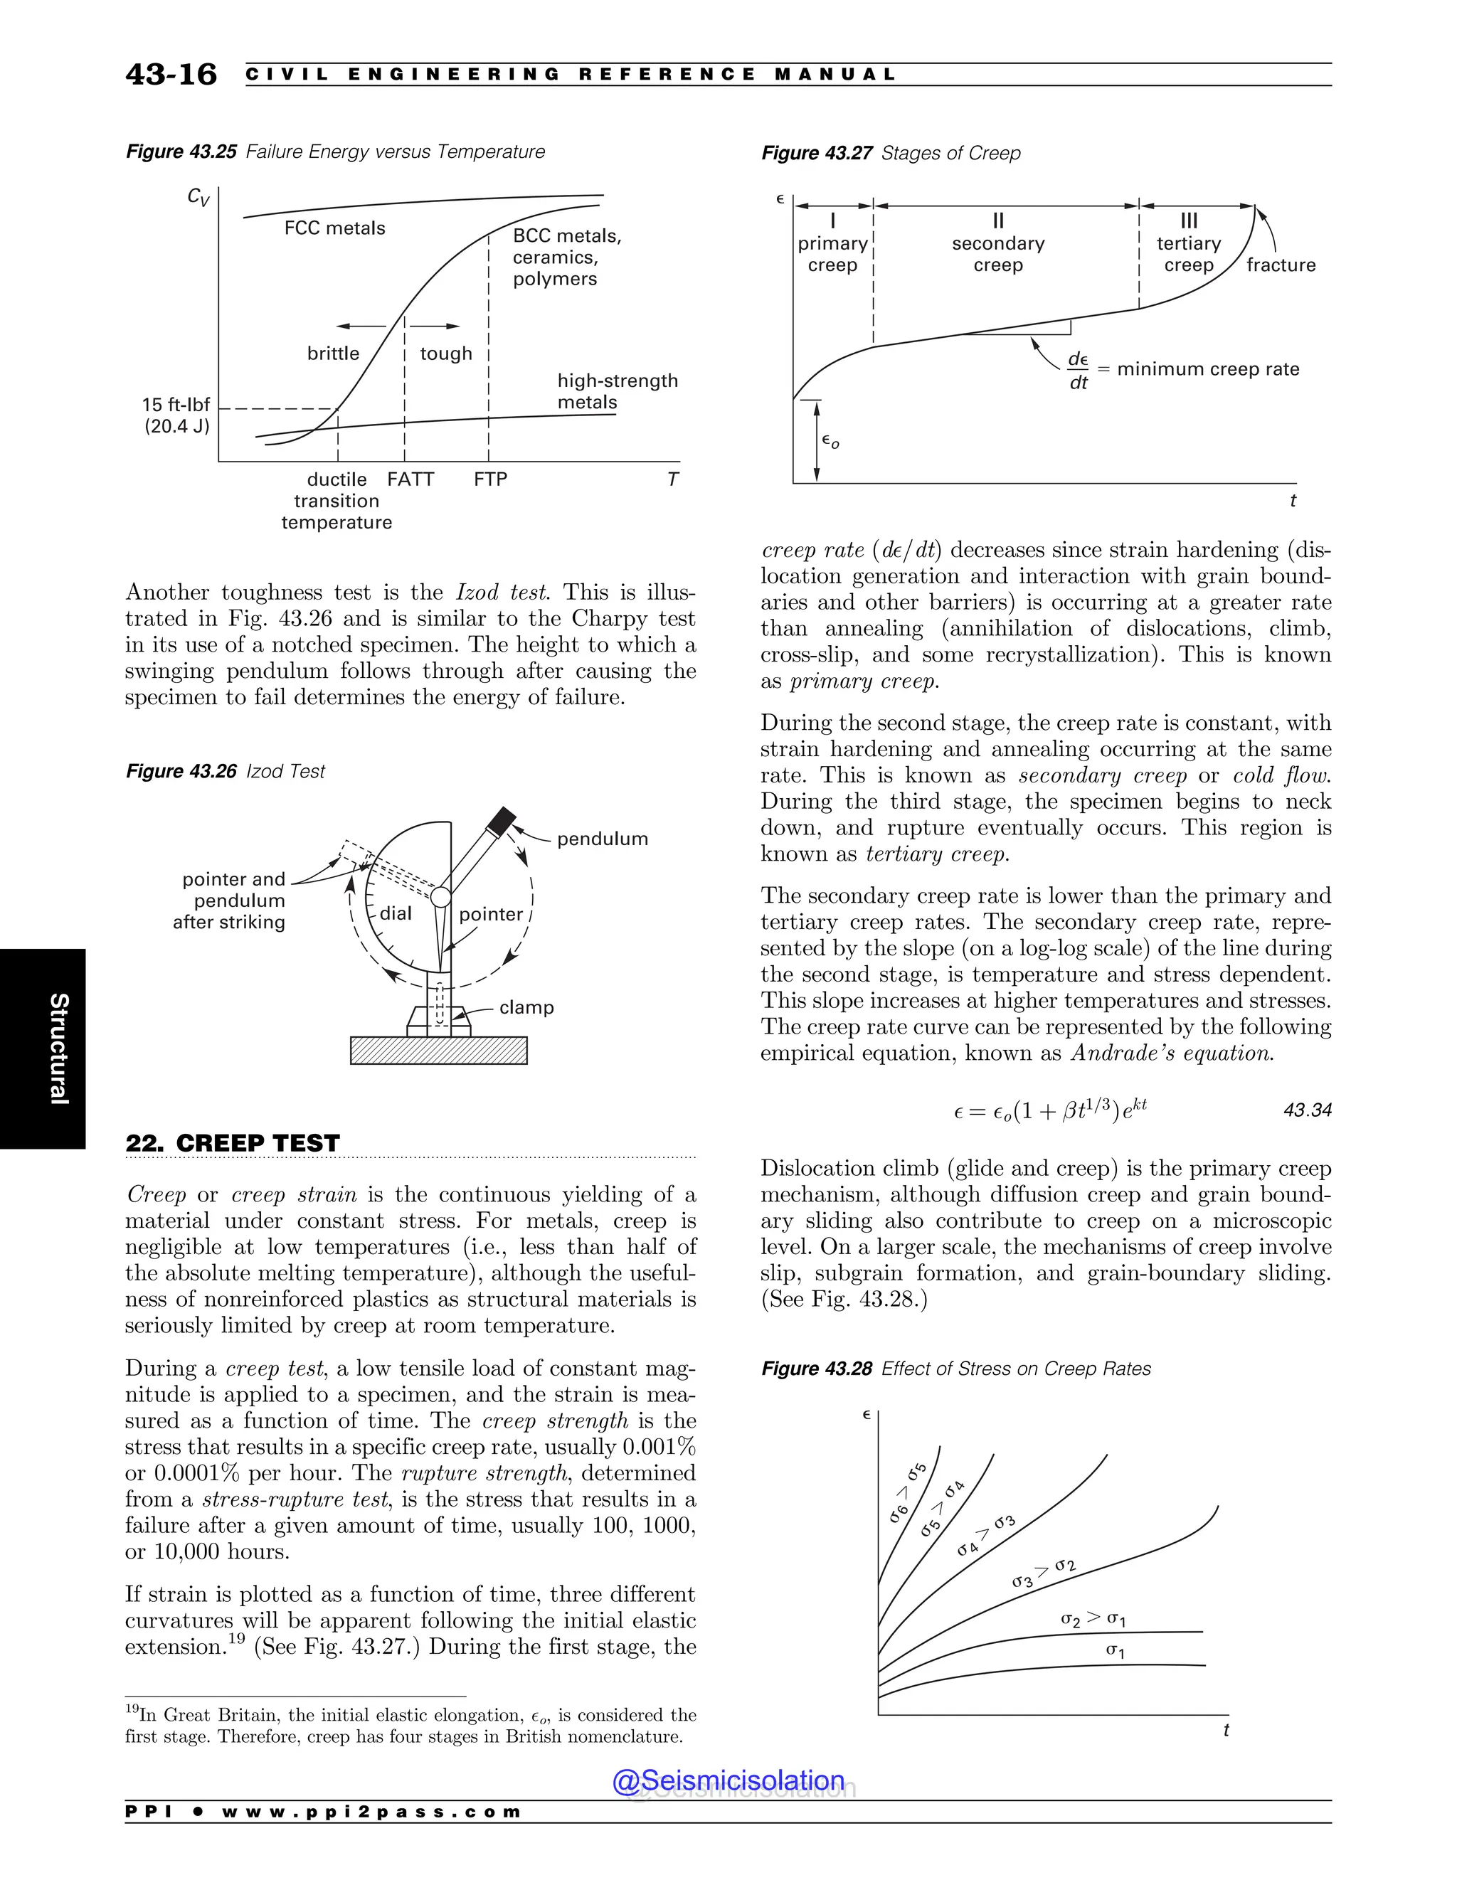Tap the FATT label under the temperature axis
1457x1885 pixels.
[410, 479]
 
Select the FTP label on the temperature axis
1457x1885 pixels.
[490, 479]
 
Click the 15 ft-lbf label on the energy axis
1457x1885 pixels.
[176, 404]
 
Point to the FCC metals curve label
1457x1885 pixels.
[335, 228]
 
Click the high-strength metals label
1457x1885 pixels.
[617, 391]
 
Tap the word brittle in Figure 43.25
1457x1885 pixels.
[333, 353]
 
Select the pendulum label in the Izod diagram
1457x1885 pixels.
[602, 838]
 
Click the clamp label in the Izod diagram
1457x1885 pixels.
[526, 1007]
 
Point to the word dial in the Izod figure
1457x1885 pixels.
[396, 913]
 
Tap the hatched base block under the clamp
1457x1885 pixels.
[438, 1049]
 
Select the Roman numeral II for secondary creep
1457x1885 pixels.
[998, 221]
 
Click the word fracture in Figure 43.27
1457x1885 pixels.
[1281, 265]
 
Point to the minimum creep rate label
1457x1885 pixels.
[1207, 369]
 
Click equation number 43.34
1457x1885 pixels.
[1307, 1110]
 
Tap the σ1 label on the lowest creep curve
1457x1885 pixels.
[1116, 1651]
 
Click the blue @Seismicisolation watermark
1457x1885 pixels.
[728, 1780]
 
